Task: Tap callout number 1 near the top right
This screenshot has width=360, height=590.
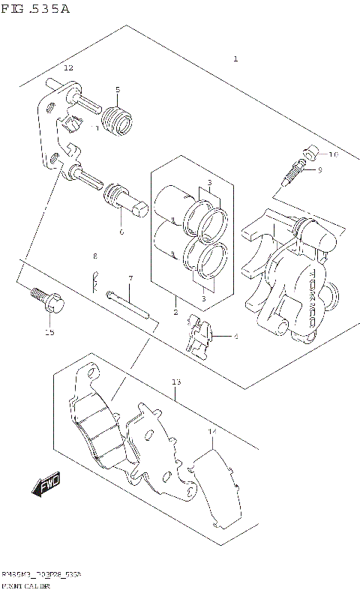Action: (x=236, y=58)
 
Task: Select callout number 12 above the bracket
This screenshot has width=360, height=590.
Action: (x=68, y=68)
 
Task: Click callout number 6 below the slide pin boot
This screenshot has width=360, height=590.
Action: (x=121, y=230)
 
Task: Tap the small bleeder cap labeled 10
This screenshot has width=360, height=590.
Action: (x=308, y=156)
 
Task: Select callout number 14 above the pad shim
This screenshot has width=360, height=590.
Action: (x=211, y=433)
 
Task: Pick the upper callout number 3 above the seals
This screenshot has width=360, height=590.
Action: (x=211, y=183)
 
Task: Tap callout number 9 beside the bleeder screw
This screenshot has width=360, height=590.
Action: (x=319, y=170)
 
